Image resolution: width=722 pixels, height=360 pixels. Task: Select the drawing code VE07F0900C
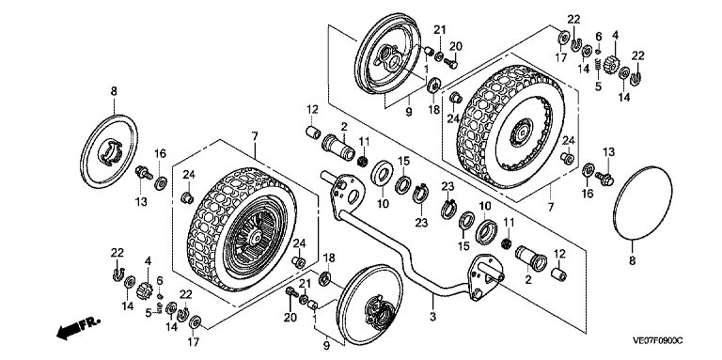pyautogui.click(x=657, y=340)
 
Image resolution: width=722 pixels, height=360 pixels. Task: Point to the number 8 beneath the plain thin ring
pyautogui.click(x=632, y=260)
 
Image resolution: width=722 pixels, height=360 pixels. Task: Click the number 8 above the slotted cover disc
pyautogui.click(x=114, y=91)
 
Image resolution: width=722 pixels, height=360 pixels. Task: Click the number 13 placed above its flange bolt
pyautogui.click(x=609, y=152)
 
